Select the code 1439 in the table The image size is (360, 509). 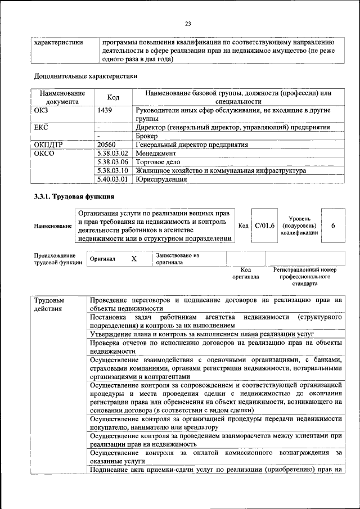[105, 111]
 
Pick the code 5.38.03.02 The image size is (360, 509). [113, 153]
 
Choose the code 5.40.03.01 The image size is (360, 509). [113, 179]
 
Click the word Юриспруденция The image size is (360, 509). [161, 179]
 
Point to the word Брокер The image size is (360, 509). [147, 136]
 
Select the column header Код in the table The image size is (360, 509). [113, 97]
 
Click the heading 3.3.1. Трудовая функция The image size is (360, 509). [74, 197]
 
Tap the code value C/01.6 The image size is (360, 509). [264, 226]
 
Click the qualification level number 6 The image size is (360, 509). [333, 226]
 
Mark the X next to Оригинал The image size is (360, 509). [134, 259]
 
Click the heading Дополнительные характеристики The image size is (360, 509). [85, 75]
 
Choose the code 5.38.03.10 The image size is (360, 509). [113, 170]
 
